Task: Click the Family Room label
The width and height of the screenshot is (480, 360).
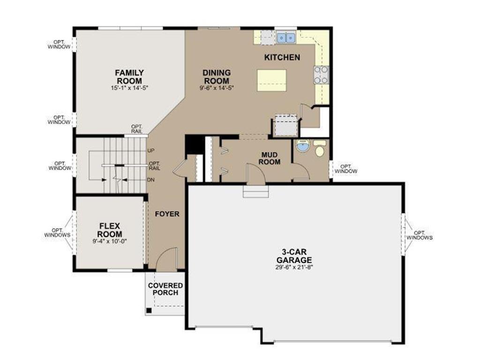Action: tap(129, 76)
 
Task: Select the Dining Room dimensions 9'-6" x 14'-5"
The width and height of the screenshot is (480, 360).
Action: tap(217, 88)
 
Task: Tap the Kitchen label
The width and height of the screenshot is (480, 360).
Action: tap(282, 58)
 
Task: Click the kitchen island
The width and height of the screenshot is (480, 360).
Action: tap(271, 80)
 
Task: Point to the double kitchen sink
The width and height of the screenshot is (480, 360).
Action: tap(285, 37)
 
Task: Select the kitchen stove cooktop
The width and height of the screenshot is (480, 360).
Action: tap(322, 75)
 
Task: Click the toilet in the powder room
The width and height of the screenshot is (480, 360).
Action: tap(320, 149)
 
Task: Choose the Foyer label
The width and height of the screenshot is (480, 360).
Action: tap(167, 214)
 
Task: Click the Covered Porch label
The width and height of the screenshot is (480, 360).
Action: tap(165, 289)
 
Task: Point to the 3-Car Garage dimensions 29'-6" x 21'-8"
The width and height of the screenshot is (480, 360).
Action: tap(294, 268)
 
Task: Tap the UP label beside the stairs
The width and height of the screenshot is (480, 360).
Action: tap(151, 150)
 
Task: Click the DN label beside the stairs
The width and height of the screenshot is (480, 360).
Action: tap(151, 180)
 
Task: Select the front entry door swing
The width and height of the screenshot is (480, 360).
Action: tap(166, 260)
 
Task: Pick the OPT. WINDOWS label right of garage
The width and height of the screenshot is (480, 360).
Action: tap(419, 235)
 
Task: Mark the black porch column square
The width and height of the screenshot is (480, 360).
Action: tap(149, 310)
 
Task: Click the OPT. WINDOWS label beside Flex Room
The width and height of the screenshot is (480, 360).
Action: tap(58, 232)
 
